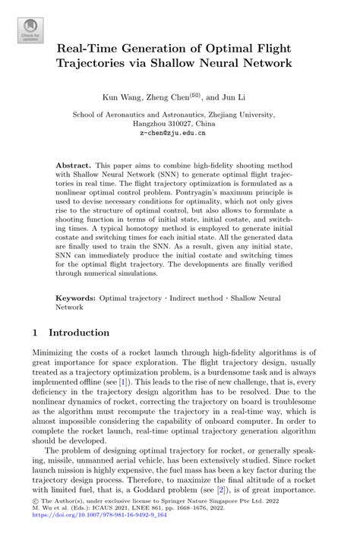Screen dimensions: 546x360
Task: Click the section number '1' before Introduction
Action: pos(37,333)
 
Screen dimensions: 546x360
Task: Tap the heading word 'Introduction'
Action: pos(79,333)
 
